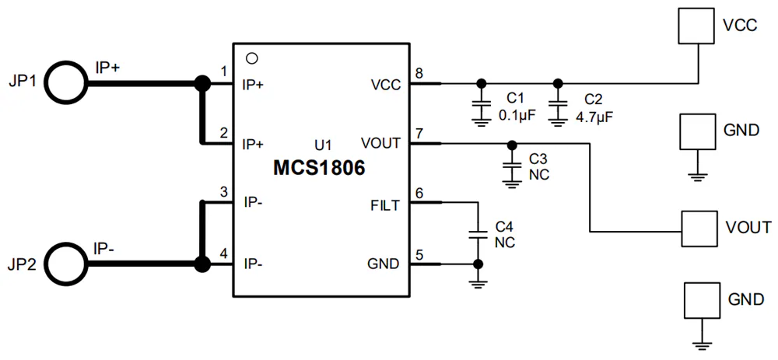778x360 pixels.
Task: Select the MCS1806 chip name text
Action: coord(319,168)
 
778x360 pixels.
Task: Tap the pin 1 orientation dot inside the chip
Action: coord(251,58)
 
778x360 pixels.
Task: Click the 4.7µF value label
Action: coord(592,117)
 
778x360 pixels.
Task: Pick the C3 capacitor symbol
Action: coord(511,166)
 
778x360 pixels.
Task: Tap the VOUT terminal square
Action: coord(699,229)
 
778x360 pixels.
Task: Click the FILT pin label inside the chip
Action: coord(384,205)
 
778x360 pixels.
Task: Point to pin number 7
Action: coord(419,134)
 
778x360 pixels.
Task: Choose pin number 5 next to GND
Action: coord(420,256)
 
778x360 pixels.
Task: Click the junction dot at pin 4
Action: coord(202,264)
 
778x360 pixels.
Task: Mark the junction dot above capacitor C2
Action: coord(558,82)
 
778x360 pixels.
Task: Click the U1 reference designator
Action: coord(323,145)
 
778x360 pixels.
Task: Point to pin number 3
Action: coord(224,192)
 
